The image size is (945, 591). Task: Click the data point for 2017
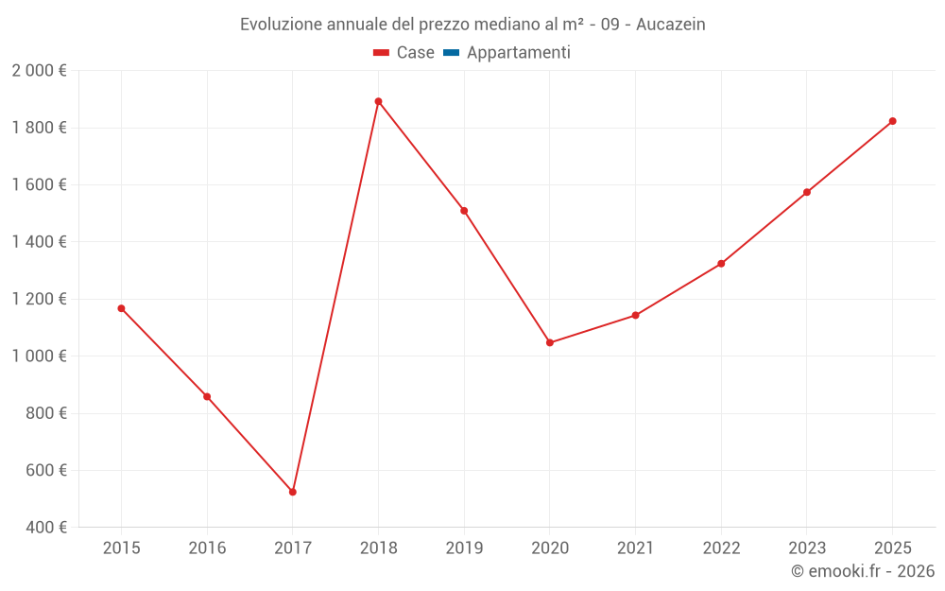(293, 492)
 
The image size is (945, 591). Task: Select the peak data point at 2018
(378, 101)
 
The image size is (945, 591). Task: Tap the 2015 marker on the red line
(121, 308)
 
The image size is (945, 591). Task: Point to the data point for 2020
(550, 342)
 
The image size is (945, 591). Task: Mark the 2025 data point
(892, 121)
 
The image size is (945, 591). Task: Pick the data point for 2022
(721, 264)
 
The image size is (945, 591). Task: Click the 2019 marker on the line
(464, 211)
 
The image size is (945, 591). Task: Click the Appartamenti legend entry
(518, 53)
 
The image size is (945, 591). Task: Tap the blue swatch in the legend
(451, 53)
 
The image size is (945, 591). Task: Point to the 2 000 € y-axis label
(39, 71)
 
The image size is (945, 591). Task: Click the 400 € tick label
(46, 527)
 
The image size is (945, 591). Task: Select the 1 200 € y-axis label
(39, 299)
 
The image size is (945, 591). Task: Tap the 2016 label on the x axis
(207, 548)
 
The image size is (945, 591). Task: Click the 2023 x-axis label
(806, 548)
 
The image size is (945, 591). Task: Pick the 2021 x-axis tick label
(635, 548)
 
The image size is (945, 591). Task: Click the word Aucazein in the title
(671, 25)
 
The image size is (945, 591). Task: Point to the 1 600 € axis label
(39, 185)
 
